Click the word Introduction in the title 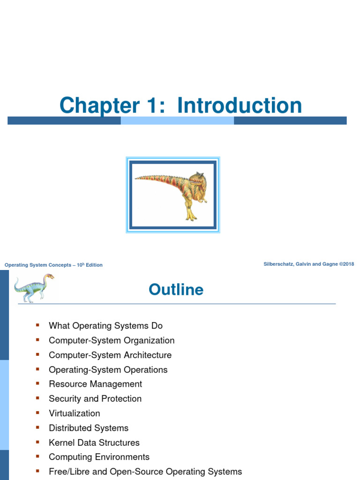click(x=240, y=105)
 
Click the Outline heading click(x=176, y=290)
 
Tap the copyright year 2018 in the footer click(x=348, y=264)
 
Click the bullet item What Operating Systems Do click(x=105, y=326)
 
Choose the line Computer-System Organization click(x=112, y=340)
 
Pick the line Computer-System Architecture click(x=110, y=355)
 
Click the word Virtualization click(x=74, y=413)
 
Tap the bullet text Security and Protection click(x=95, y=398)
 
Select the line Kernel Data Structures click(x=94, y=442)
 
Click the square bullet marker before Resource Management click(x=37, y=383)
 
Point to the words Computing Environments click(x=99, y=457)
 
